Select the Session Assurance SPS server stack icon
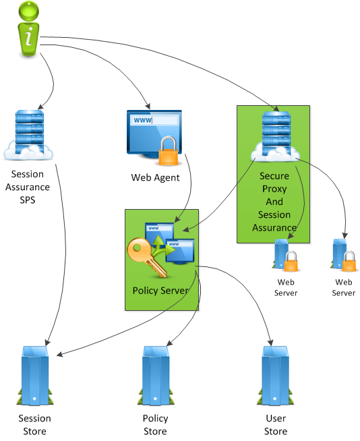pyautogui.click(x=28, y=135)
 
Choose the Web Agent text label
pyautogui.click(x=155, y=177)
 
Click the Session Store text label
pyautogui.click(x=34, y=424)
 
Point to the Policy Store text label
pyautogui.click(x=156, y=424)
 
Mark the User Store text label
pyautogui.click(x=275, y=424)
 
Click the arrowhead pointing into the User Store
pyautogui.click(x=271, y=342)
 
